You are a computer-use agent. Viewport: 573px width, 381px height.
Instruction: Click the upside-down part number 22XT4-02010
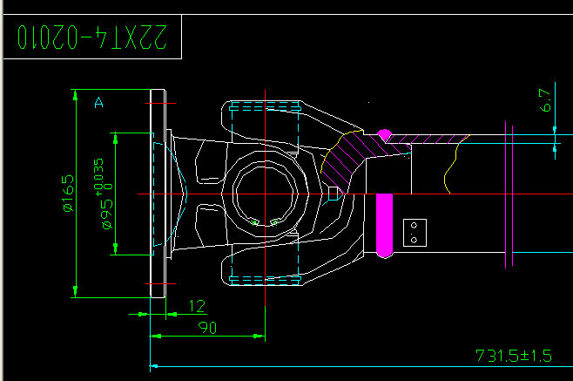tap(91, 37)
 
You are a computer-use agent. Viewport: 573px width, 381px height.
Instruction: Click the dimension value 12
tap(197, 306)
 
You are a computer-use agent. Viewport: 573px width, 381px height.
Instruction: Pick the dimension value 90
tap(207, 327)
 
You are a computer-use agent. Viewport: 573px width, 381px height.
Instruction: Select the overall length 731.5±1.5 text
tap(514, 356)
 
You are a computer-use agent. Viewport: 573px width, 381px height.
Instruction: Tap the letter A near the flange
tap(98, 103)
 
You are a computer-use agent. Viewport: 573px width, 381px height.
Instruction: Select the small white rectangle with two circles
tap(414, 233)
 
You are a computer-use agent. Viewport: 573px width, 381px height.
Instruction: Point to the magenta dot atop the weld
tap(383, 134)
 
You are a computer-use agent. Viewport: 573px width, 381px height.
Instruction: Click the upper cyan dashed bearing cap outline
tap(266, 111)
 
